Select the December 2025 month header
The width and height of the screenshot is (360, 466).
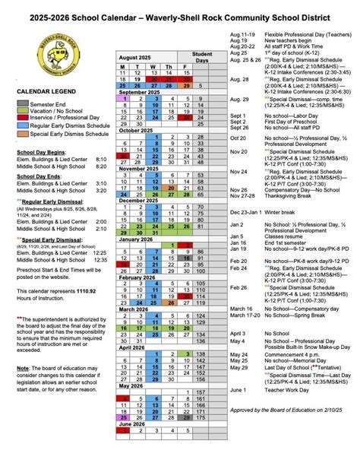tap(142, 201)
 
